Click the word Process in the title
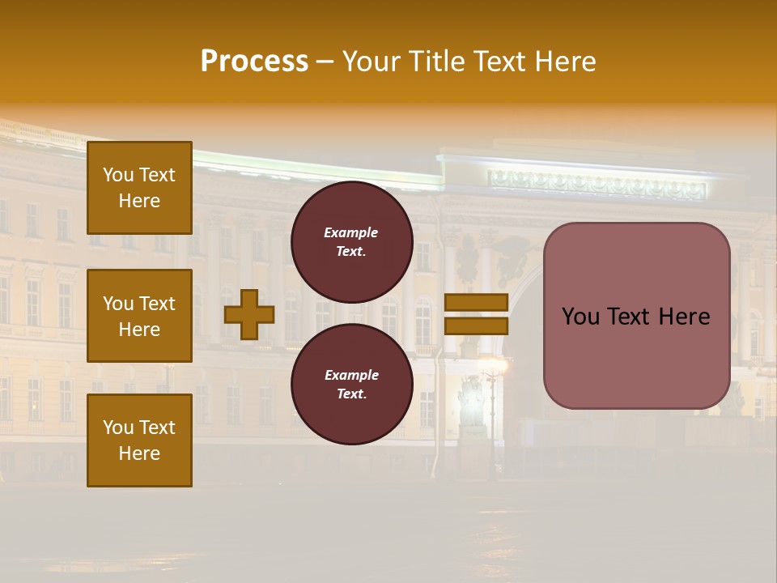click(x=254, y=62)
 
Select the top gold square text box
click(x=139, y=188)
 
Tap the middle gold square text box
click(x=139, y=316)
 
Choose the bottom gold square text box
click(x=139, y=440)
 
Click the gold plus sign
click(x=249, y=314)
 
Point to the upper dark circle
click(x=352, y=241)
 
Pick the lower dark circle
click(x=352, y=384)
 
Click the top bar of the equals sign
click(x=477, y=303)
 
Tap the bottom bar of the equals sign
click(x=477, y=326)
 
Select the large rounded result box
click(x=636, y=316)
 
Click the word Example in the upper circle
click(x=351, y=232)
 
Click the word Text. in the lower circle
click(x=351, y=394)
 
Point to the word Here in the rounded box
click(x=683, y=317)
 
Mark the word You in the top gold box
click(x=117, y=175)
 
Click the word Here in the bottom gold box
click(x=139, y=453)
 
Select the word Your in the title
click(x=370, y=62)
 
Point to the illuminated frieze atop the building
click(x=597, y=186)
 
